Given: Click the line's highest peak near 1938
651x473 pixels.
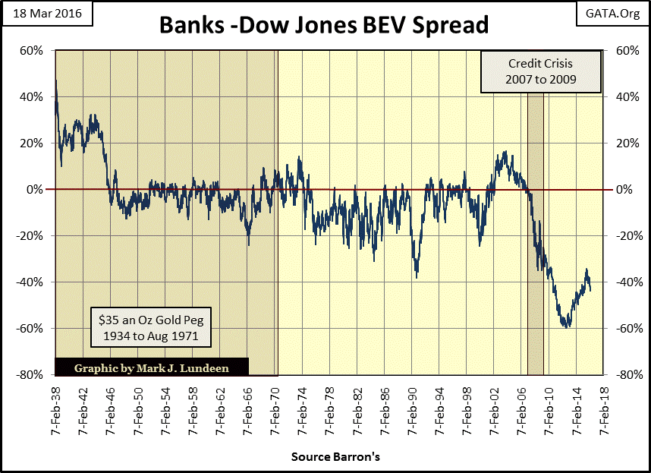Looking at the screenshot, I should pos(56,80).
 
